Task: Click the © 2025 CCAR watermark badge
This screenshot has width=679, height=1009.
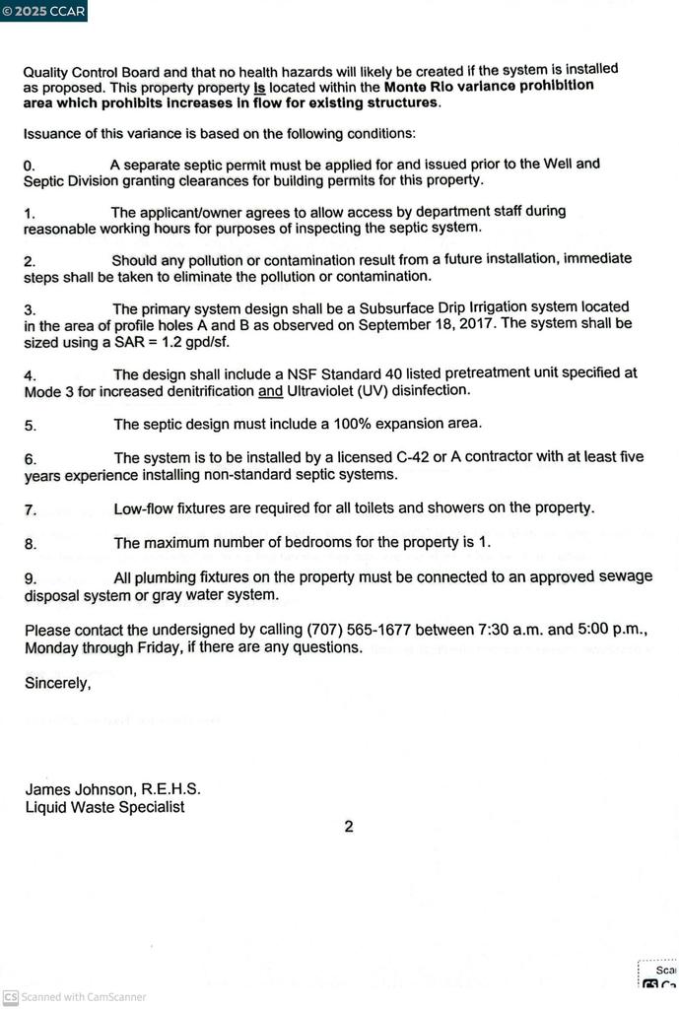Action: (43, 11)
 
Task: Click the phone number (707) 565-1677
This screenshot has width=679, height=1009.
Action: (359, 630)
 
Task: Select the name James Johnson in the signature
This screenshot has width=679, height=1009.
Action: (81, 789)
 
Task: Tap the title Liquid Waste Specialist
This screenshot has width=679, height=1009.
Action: (104, 807)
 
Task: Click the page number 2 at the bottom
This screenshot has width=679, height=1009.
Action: (349, 827)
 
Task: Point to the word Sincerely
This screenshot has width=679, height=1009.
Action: (57, 682)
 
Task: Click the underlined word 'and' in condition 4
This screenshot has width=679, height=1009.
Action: (270, 390)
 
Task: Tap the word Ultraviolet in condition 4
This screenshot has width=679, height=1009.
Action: (325, 390)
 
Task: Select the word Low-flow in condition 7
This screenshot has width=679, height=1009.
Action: (144, 508)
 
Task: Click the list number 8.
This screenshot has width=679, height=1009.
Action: (31, 544)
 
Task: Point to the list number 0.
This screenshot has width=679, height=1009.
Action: (29, 167)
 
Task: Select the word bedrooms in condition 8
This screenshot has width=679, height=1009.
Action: (333, 543)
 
